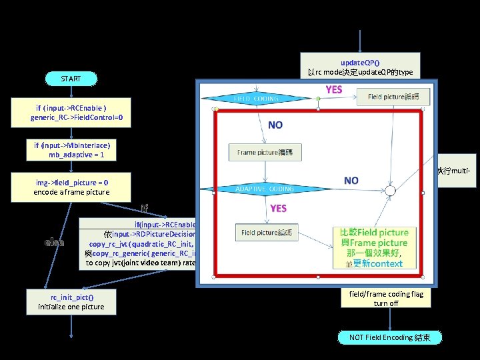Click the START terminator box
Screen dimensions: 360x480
point(71,79)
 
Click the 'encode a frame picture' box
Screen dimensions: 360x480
point(71,187)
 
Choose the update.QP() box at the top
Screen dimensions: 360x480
point(360,66)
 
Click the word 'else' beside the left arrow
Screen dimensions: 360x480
point(53,242)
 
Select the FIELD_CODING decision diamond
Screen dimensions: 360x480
point(256,99)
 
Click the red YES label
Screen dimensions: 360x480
point(334,89)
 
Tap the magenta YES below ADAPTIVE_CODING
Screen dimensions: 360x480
point(279,209)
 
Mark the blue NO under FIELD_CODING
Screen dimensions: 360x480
point(275,125)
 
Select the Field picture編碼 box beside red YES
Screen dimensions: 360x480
point(393,96)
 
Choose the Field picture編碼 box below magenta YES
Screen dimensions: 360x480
point(266,232)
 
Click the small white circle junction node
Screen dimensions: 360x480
point(391,191)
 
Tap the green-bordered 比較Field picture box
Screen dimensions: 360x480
point(374,247)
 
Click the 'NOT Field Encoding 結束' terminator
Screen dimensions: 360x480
point(390,337)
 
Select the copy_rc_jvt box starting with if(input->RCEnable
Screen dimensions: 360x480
point(137,243)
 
